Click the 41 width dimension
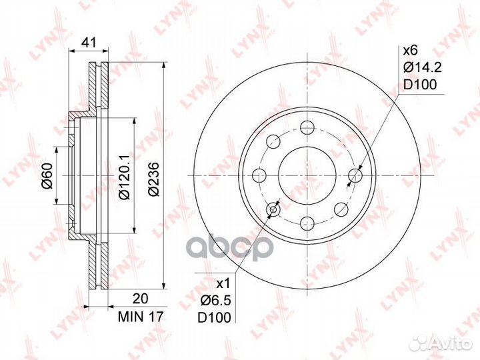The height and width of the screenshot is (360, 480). click(x=89, y=43)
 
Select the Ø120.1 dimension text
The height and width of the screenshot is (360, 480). click(x=125, y=176)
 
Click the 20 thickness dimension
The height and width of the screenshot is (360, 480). click(x=141, y=299)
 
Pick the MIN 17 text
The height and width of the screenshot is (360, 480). click(x=141, y=317)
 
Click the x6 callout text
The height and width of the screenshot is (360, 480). click(x=410, y=51)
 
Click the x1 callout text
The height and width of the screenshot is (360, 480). click(x=223, y=285)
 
